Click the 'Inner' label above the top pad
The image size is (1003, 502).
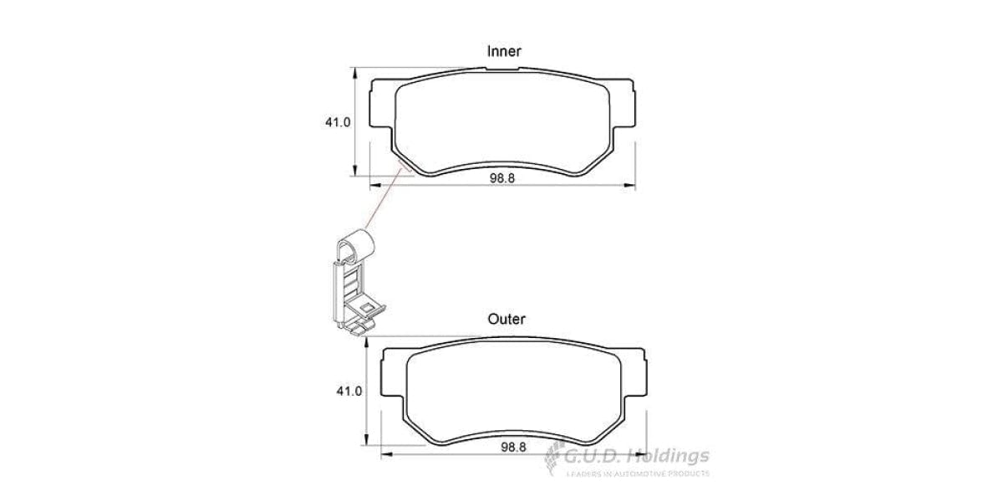click(x=504, y=52)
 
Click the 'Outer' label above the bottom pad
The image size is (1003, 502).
click(x=507, y=319)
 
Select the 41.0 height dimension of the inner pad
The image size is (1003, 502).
click(x=338, y=122)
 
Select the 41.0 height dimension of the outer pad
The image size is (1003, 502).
click(x=349, y=391)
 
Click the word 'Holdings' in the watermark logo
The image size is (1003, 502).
click(x=670, y=456)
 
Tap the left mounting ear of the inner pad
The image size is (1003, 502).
click(x=379, y=108)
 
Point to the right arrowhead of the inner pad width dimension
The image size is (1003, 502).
click(x=630, y=185)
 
